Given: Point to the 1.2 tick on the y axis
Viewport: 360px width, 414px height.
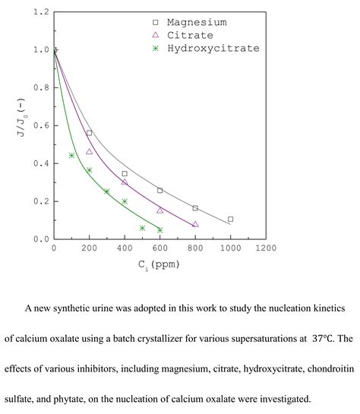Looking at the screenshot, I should click(41, 13).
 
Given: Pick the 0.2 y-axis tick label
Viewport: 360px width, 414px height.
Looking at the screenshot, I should click(41, 201).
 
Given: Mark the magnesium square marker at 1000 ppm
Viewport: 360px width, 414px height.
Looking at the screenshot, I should click(230, 220).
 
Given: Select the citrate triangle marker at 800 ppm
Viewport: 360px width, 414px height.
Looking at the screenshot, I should click(195, 224).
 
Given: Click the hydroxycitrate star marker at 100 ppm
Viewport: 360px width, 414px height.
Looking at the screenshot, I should click(71, 156).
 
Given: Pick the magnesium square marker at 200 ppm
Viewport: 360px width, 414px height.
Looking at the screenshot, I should click(89, 133).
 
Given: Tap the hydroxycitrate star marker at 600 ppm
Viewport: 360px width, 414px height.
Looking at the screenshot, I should click(159, 229).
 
